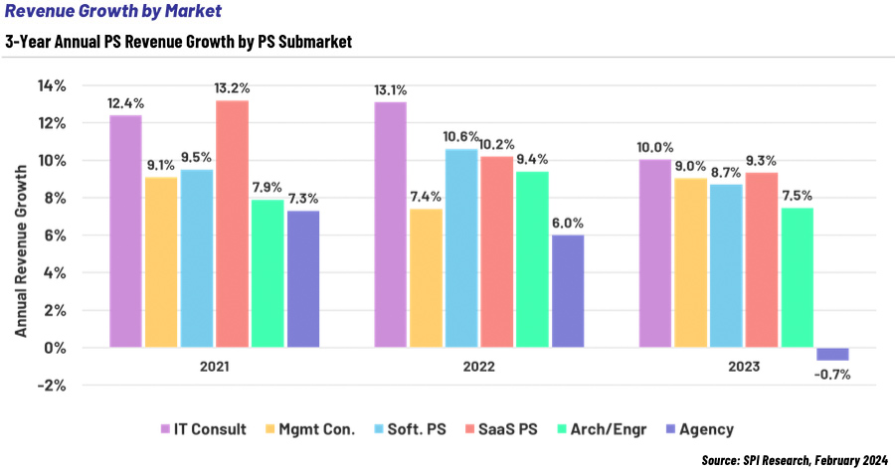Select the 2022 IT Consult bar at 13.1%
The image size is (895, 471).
390,225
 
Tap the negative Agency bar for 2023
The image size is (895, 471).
832,354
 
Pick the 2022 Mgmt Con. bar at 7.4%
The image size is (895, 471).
426,278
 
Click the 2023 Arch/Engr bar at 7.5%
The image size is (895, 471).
797,277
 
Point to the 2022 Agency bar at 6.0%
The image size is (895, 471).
567,291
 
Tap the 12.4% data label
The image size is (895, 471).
125,102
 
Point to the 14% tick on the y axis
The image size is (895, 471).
52,85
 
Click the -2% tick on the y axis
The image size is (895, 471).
52,386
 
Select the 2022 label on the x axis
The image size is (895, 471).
478,367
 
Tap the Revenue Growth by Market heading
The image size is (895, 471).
112,12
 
